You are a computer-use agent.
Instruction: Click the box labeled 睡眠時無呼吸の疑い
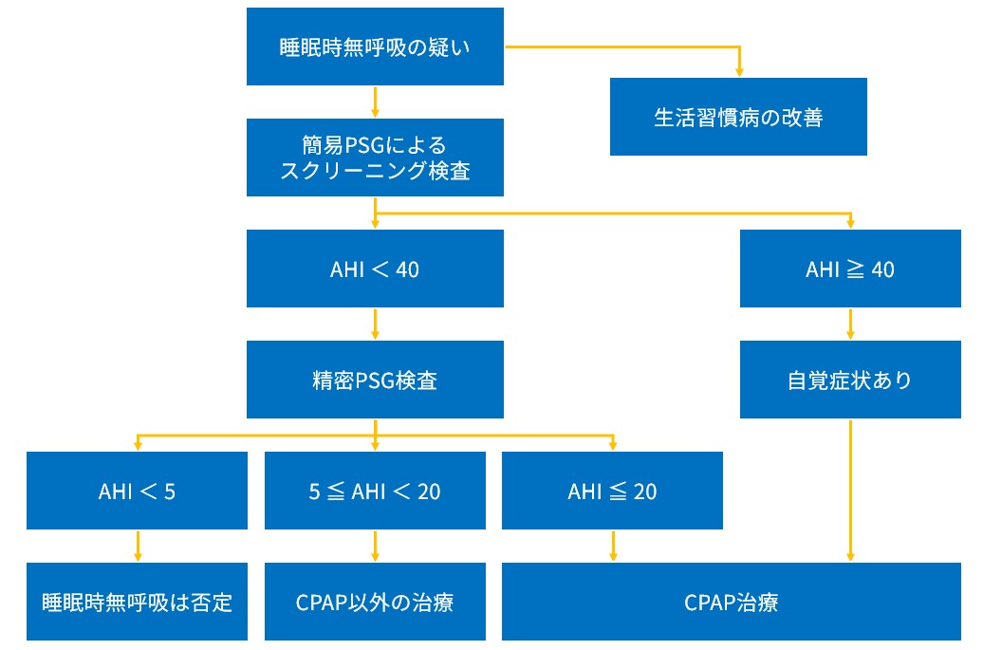click(x=375, y=46)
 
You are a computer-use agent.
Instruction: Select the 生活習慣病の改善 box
click(x=737, y=117)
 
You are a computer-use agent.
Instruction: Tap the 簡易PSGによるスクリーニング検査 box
click(x=375, y=158)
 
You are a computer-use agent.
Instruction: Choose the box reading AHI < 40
click(x=375, y=269)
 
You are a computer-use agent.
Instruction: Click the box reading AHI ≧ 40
click(x=849, y=269)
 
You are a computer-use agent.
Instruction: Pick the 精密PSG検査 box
click(x=375, y=380)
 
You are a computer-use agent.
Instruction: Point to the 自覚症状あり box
click(x=849, y=380)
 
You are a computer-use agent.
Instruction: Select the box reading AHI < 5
click(x=139, y=491)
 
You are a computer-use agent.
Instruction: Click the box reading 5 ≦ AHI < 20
click(x=375, y=491)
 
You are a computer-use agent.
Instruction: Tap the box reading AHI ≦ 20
click(x=612, y=491)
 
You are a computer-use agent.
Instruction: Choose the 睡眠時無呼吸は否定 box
click(x=139, y=602)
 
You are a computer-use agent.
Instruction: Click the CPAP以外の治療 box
click(x=375, y=602)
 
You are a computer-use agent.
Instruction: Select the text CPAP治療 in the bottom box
click(x=731, y=603)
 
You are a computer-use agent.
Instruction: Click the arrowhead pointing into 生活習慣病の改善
click(x=738, y=71)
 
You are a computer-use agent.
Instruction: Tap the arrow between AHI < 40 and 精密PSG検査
click(x=376, y=325)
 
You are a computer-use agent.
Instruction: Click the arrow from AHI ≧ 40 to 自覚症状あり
click(x=850, y=325)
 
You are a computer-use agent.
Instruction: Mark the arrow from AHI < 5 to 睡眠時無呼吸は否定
click(x=139, y=546)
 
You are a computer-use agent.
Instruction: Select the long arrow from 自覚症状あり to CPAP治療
click(x=850, y=489)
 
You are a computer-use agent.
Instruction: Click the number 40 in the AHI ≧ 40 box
click(x=881, y=269)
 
